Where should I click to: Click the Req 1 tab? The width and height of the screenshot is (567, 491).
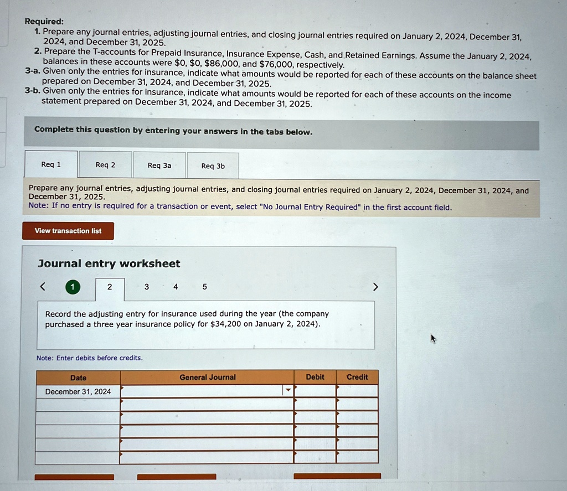coord(51,164)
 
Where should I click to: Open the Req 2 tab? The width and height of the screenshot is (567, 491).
coord(105,165)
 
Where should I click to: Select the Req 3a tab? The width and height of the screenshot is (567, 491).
coord(159,166)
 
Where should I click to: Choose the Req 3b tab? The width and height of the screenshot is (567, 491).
coord(213,166)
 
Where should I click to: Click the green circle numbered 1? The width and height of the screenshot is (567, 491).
coord(73,287)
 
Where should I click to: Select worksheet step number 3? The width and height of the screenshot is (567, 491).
coord(146,287)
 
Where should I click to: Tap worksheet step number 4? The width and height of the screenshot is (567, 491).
coord(176,287)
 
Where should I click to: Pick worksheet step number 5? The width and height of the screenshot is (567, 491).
coord(205,287)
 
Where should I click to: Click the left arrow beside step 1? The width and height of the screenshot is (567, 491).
coord(43,287)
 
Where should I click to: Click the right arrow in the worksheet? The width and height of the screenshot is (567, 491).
coord(376,287)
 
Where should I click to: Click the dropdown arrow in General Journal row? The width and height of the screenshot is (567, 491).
coord(288,390)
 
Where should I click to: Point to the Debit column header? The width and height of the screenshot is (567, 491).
coord(315,377)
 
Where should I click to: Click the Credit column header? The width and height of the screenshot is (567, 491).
coord(357,377)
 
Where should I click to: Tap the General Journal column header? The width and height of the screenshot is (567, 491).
coord(207,377)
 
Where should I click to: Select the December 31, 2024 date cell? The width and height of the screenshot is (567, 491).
coord(78,391)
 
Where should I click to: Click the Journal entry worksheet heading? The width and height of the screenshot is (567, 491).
coord(109,263)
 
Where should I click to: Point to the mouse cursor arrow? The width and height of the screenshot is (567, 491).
coord(433,339)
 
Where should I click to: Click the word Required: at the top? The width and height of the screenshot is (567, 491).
coord(44,22)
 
